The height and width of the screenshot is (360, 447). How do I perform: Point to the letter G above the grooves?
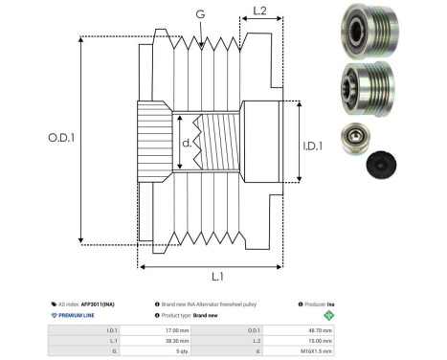[x=199, y=14]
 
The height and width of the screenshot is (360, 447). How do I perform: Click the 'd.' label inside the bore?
[x=186, y=145]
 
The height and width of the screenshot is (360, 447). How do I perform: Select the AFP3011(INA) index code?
[x=100, y=303]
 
